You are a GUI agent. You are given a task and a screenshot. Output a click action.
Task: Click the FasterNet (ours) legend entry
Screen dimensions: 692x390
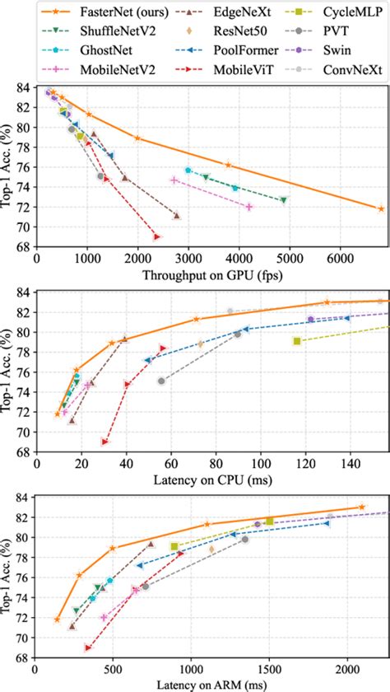coord(87,13)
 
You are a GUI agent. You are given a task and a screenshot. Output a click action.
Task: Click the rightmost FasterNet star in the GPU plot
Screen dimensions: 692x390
coord(381,209)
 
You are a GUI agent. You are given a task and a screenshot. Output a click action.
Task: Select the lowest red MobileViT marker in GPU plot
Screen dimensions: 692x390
coord(156,237)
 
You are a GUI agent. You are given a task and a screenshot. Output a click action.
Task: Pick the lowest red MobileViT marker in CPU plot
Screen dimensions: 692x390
coord(104,442)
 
